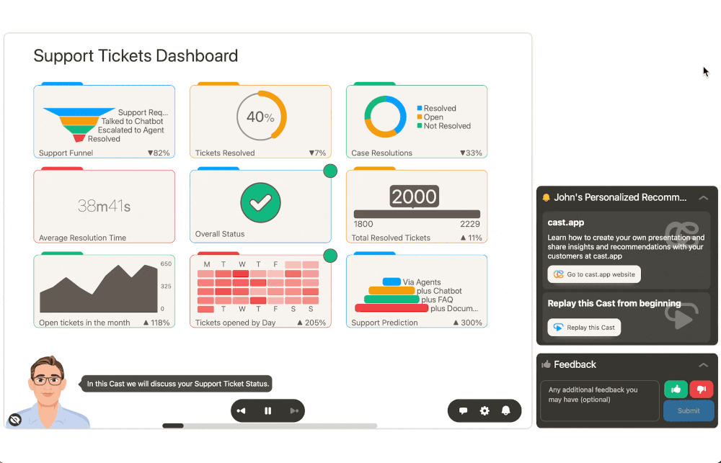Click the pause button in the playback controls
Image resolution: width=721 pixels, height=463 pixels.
(x=267, y=411)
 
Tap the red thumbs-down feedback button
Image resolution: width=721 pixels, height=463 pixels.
(x=701, y=390)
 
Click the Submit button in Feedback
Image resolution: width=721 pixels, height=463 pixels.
(x=689, y=410)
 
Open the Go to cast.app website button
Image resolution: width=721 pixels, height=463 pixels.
(x=594, y=274)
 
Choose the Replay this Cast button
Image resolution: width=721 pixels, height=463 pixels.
(x=584, y=328)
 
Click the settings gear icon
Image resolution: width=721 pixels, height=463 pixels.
(x=485, y=411)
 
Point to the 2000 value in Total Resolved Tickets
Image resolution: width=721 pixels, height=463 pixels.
(x=414, y=196)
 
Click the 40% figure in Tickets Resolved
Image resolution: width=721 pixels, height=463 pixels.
(x=260, y=117)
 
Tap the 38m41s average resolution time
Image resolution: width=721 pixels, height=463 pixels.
(x=104, y=207)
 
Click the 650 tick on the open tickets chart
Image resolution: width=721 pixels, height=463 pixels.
(x=166, y=264)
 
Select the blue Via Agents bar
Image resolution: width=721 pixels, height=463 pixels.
(x=392, y=282)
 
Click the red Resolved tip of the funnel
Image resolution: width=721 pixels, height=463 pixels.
(x=79, y=138)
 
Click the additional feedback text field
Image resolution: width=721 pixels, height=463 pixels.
(x=589, y=400)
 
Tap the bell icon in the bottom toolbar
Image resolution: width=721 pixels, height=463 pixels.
(x=506, y=411)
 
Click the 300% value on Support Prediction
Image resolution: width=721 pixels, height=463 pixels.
(x=471, y=323)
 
